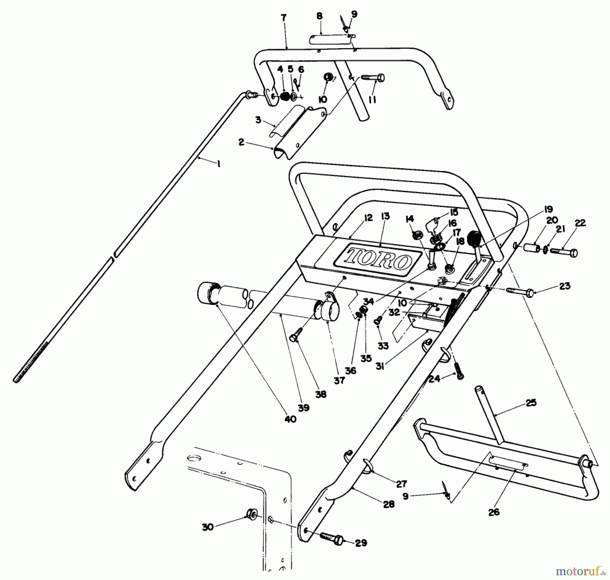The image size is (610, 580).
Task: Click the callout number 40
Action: coord(291,419)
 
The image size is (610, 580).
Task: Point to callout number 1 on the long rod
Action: coord(218,164)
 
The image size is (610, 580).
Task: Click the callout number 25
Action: coord(531,403)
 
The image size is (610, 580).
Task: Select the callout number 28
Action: coord(389,504)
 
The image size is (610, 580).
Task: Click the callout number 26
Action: coord(494,512)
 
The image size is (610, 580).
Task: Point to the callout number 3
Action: coord(258,120)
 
